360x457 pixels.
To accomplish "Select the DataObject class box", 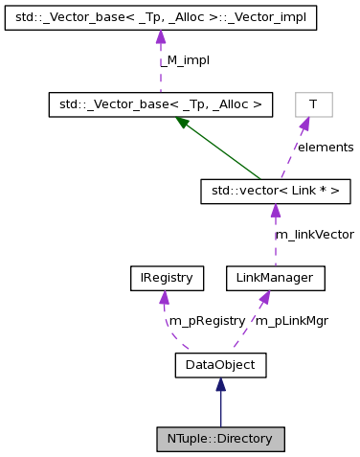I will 220,364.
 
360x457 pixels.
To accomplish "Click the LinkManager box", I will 275,278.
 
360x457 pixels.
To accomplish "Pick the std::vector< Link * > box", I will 275,192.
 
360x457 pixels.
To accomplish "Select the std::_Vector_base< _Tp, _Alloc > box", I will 161,104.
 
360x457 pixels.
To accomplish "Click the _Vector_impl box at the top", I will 161,17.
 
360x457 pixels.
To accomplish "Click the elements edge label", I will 325,148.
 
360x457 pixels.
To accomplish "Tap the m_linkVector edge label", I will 314,234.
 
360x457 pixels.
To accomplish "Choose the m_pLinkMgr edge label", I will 291,321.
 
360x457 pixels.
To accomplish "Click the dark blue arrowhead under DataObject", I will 220,384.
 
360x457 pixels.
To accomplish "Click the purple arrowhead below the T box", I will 304,124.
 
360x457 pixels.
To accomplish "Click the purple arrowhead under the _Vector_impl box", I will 161,37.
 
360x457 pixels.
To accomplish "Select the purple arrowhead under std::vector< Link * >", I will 275,211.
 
